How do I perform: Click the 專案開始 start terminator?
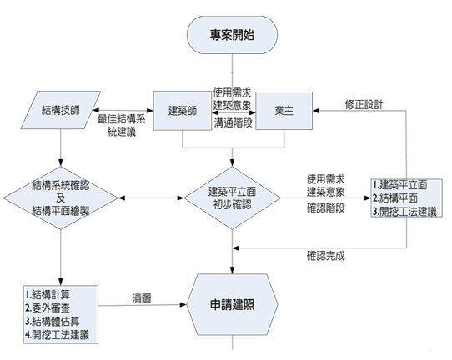point(232,35)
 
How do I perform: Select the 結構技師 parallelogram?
point(61,110)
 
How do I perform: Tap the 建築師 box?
point(182,111)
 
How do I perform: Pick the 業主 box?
point(284,111)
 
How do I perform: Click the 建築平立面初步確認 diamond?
point(232,198)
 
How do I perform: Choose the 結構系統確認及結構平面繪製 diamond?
point(61,198)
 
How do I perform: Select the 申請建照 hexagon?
point(232,304)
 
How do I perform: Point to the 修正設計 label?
point(364,104)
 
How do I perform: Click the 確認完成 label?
point(325,256)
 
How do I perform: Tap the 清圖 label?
point(142,298)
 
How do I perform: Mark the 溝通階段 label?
point(233,122)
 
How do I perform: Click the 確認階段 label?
point(325,208)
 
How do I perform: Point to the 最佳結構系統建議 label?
point(122,126)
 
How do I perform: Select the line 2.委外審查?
point(48,308)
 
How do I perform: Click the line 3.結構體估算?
point(53,322)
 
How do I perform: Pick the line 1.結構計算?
point(48,295)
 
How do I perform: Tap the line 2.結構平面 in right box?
point(395,197)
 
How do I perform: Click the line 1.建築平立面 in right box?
point(399,185)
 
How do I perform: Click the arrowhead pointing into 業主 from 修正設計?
point(316,111)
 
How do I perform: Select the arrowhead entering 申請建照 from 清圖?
point(183,304)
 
